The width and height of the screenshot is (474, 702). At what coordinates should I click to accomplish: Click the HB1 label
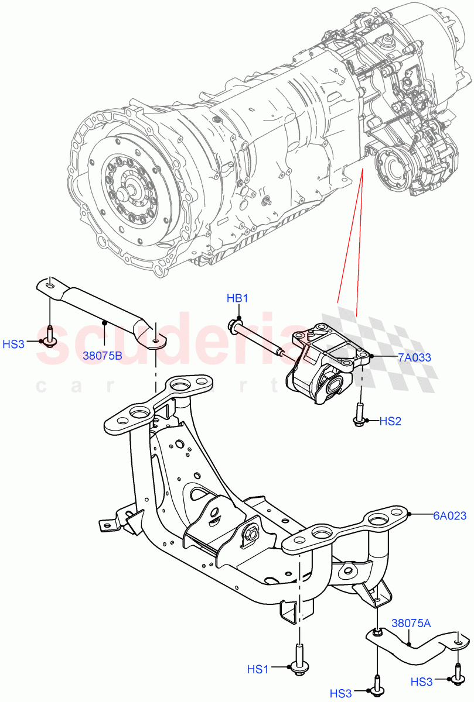point(238,299)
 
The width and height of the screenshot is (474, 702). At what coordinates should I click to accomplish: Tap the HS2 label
point(390,421)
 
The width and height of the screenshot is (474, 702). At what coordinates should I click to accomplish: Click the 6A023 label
point(450,515)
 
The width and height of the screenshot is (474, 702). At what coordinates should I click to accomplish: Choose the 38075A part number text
point(411,624)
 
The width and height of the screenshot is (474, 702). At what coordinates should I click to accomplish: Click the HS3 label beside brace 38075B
point(14,344)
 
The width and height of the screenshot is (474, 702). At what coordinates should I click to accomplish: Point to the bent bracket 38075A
point(416,643)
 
